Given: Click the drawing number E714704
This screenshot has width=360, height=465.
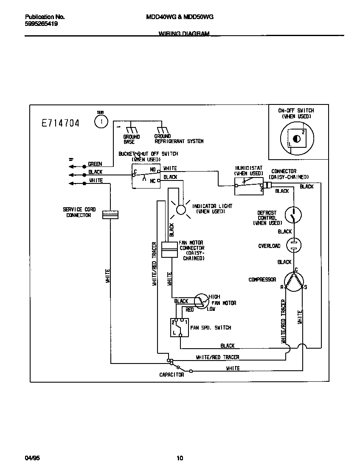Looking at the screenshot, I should click(x=60, y=123).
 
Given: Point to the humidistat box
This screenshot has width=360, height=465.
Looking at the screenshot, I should click(x=248, y=186).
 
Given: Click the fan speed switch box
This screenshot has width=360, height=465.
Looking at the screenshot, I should click(x=180, y=327).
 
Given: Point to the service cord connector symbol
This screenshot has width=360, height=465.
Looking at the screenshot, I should click(x=110, y=215).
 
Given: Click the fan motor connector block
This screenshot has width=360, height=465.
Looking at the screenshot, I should click(x=169, y=250).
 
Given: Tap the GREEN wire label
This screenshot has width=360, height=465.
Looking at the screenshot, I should click(x=95, y=164).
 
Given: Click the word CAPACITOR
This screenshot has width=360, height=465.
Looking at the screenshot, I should click(x=172, y=375).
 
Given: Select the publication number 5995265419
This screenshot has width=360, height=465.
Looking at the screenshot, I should click(x=42, y=24).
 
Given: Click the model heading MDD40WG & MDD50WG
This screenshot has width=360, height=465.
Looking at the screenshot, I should click(x=180, y=17).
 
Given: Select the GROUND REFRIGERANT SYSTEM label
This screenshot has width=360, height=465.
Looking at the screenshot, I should click(x=179, y=139).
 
